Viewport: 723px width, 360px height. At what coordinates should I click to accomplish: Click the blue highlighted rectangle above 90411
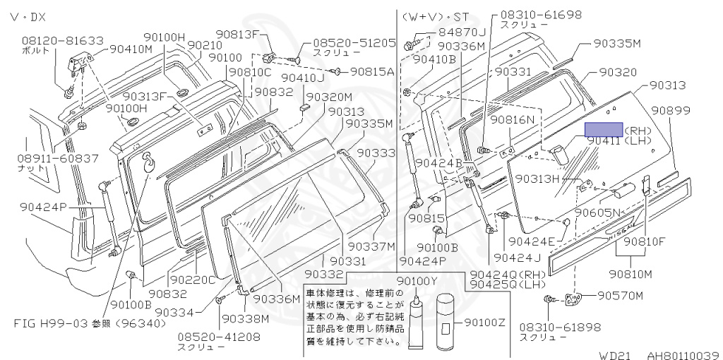(x=604, y=128)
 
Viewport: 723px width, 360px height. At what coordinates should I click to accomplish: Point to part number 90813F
(x=238, y=34)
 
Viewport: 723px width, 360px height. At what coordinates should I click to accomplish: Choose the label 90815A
(x=372, y=71)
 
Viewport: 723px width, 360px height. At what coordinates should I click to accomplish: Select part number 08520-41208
(x=218, y=337)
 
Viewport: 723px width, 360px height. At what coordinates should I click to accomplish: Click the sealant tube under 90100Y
(x=416, y=321)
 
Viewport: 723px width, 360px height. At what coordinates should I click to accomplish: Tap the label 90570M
(x=621, y=294)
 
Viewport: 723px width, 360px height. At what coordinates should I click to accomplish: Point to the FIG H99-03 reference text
(x=90, y=324)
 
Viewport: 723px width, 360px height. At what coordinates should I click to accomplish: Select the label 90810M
(x=631, y=273)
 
